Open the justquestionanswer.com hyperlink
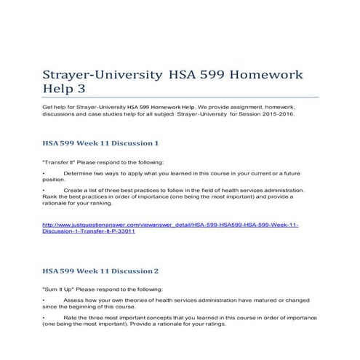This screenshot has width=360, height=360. tap(170, 228)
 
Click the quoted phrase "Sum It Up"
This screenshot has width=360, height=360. tap(58, 289)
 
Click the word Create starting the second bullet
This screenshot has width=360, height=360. tap(73, 190)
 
